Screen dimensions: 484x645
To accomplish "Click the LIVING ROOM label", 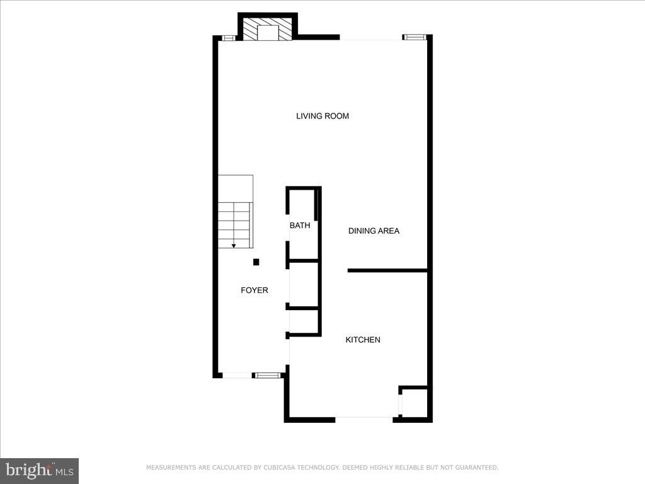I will tap(322, 116).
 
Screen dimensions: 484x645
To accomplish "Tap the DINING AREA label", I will tap(374, 231).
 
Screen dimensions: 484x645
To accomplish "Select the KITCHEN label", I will tap(363, 340).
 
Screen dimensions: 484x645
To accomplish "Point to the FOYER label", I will tap(254, 290).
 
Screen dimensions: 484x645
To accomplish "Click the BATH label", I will tap(300, 225).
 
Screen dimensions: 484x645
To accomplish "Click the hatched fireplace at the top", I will tap(268, 29).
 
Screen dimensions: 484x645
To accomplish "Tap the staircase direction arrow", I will tap(234, 245).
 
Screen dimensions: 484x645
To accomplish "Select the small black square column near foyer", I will tap(256, 262).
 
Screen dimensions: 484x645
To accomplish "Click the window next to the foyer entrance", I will tap(267, 376).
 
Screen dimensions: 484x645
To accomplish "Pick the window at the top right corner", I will tap(414, 37).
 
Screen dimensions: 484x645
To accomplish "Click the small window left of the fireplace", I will tap(229, 38).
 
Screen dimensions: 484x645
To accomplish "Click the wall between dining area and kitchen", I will tap(387, 270).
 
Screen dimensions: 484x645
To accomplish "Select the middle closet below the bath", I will tap(304, 284).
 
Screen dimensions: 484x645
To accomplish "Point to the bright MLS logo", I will tap(39, 470).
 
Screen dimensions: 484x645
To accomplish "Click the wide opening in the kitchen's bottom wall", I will tap(364, 418).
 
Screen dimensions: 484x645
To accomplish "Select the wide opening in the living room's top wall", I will tap(371, 38).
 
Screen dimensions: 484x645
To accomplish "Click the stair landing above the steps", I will tap(236, 188).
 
